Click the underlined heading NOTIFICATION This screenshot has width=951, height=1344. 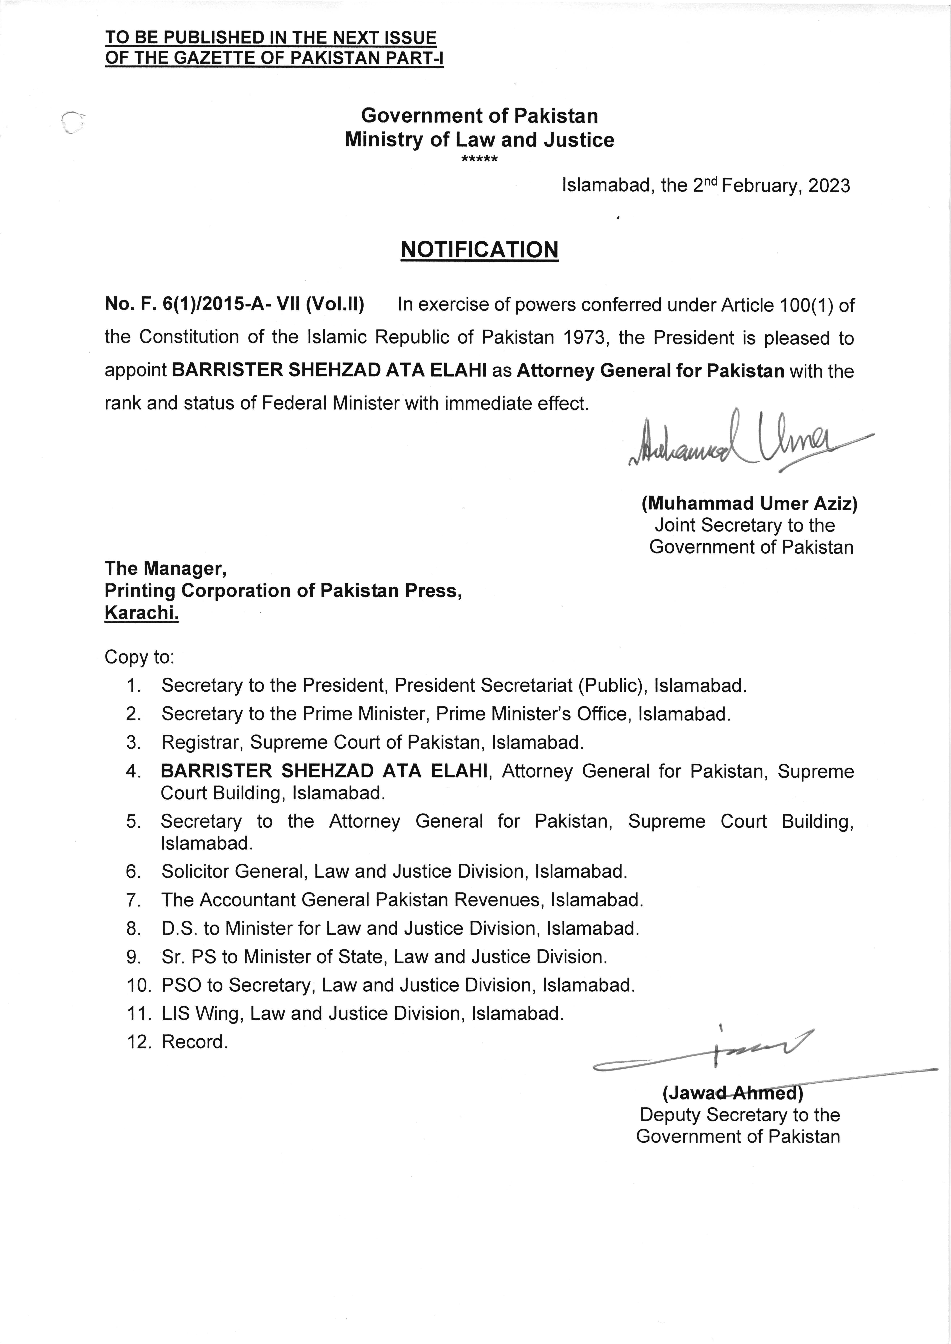479,250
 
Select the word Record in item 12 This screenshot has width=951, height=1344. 194,1042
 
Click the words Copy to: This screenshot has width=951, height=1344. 139,657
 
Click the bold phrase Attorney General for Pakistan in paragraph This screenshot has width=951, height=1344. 650,371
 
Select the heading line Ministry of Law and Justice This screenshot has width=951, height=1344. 479,140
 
